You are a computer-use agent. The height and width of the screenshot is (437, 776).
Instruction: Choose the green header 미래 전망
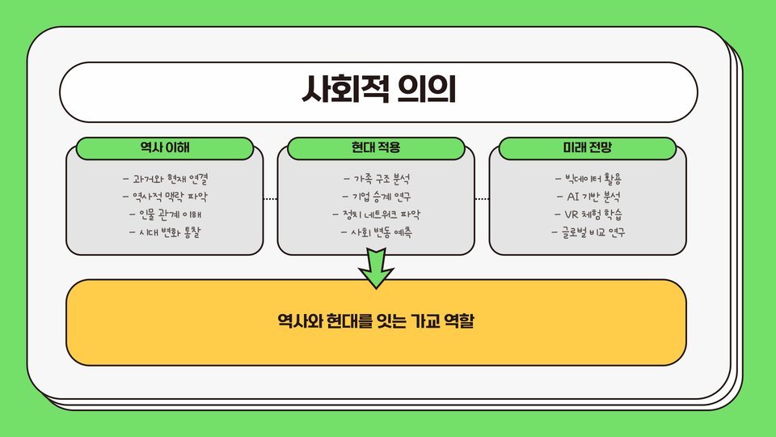pyautogui.click(x=588, y=148)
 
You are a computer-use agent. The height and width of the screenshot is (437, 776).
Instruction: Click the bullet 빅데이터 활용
pyautogui.click(x=588, y=178)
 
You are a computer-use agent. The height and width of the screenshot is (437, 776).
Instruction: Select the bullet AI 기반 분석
pyautogui.click(x=588, y=196)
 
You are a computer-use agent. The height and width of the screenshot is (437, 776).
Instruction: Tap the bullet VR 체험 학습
pyautogui.click(x=588, y=214)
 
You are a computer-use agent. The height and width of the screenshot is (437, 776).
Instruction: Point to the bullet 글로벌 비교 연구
pyautogui.click(x=588, y=233)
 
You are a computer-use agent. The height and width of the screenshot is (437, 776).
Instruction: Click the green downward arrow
pyautogui.click(x=376, y=269)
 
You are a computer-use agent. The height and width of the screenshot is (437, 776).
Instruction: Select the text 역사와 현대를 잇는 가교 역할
pyautogui.click(x=376, y=321)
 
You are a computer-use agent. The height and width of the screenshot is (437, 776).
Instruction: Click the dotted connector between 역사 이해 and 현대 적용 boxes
pyautogui.click(x=270, y=198)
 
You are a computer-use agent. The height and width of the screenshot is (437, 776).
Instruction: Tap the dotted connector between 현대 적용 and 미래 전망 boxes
pyautogui.click(x=482, y=198)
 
